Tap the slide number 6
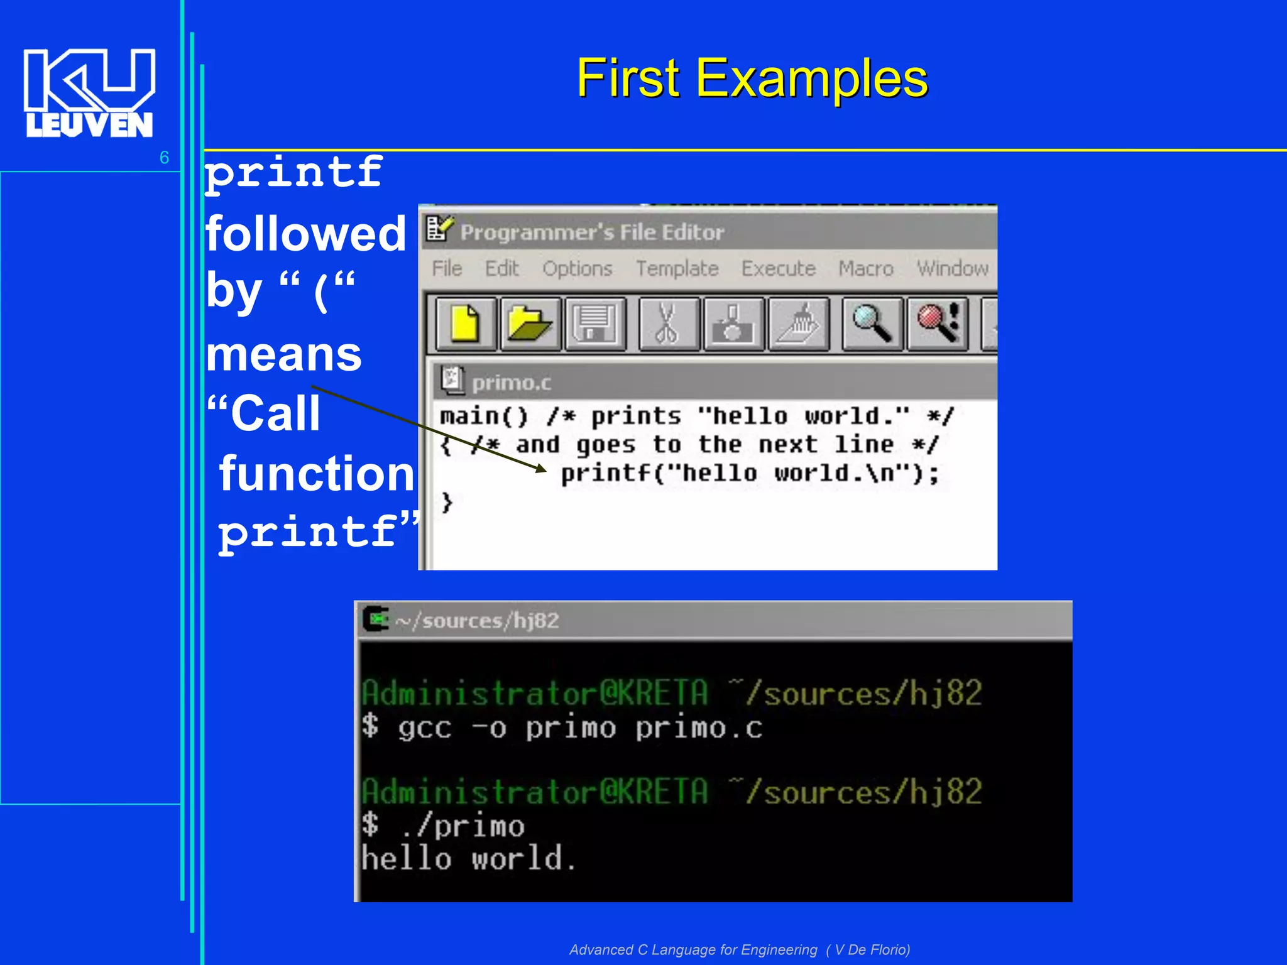click(164, 157)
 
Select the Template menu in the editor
click(677, 269)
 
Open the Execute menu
click(778, 269)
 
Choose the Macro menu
click(865, 269)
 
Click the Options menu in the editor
click(577, 269)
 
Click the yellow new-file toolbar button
click(465, 324)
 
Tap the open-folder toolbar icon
click(530, 324)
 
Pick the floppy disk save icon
click(595, 324)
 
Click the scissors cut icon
click(667, 324)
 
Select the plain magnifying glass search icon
click(872, 324)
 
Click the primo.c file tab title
click(511, 383)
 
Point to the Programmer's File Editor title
click(591, 232)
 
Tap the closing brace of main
click(447, 502)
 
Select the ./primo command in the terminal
click(463, 826)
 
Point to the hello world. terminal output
click(468, 859)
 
